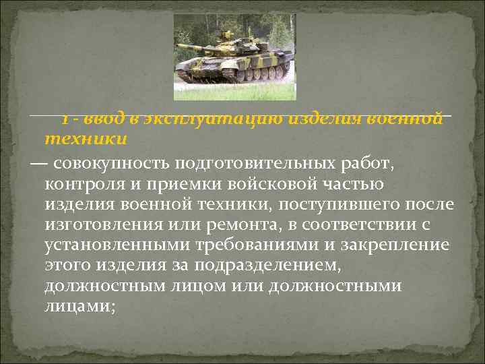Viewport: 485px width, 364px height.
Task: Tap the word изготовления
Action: (110, 224)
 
